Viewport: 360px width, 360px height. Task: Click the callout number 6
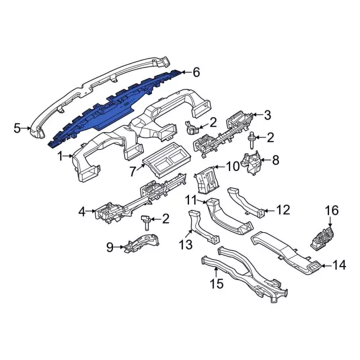tap(196, 72)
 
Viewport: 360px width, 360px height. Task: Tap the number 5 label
tap(17, 128)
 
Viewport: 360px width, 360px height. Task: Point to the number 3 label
tap(268, 116)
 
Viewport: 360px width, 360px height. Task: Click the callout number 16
tap(332, 210)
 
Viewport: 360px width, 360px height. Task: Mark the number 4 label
tap(82, 211)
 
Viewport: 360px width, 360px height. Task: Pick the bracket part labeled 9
tap(138, 244)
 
